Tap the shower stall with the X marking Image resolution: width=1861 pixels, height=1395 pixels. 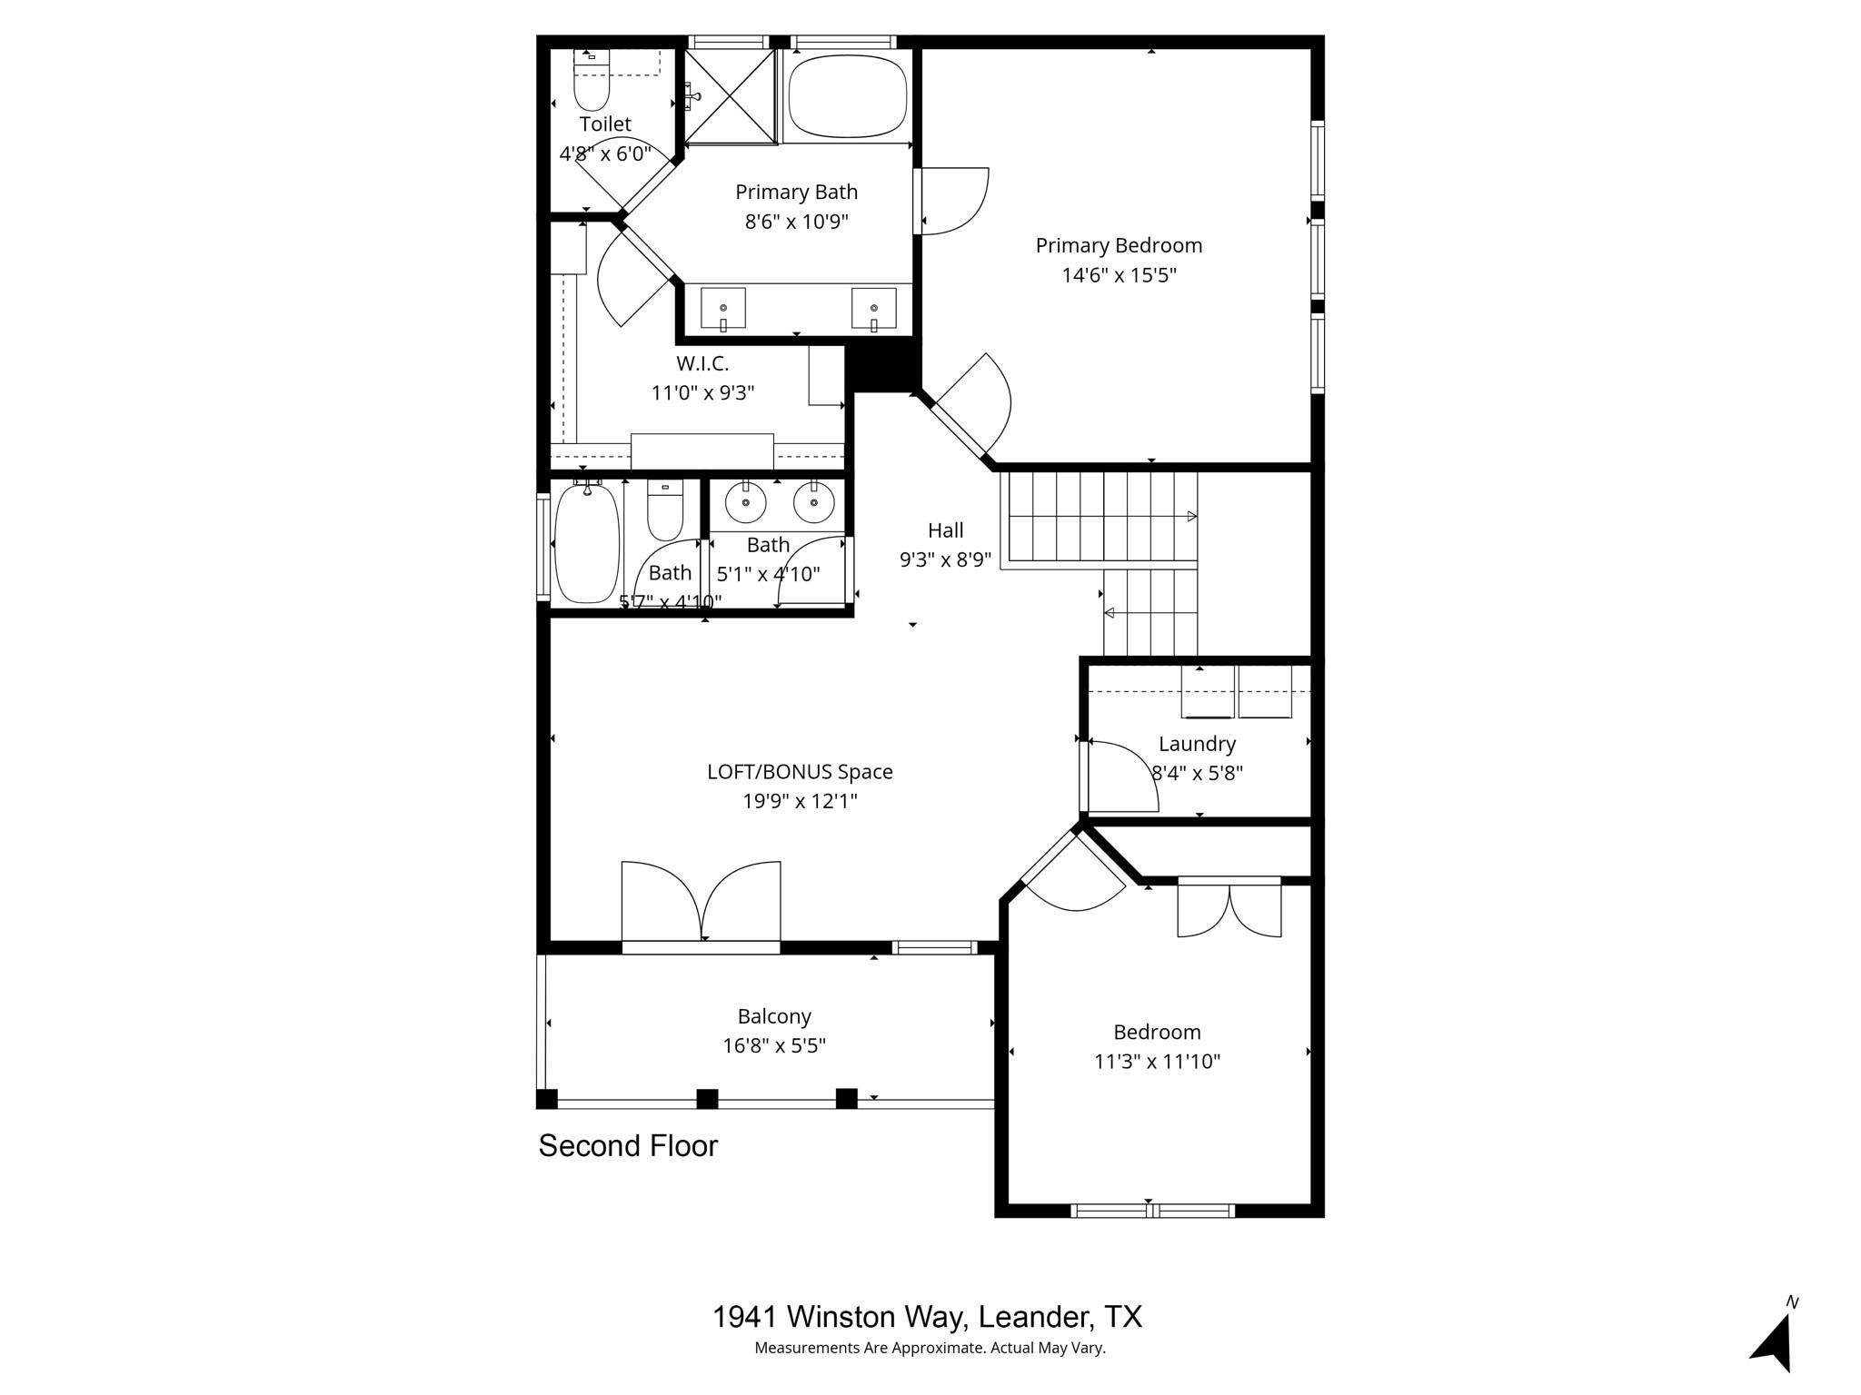click(729, 95)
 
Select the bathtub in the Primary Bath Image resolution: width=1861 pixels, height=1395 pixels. click(848, 94)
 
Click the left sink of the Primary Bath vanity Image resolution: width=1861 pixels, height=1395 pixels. click(722, 308)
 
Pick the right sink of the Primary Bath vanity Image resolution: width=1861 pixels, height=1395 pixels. click(873, 308)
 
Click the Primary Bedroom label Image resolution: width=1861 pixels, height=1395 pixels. click(1119, 245)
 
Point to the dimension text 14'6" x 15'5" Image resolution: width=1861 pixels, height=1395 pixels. click(1119, 275)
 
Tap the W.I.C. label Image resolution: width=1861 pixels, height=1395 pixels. click(702, 363)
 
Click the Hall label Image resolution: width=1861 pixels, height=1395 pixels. click(945, 530)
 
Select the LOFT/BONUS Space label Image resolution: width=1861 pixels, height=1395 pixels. click(800, 772)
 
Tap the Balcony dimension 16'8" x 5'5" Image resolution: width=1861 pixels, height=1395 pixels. click(773, 1045)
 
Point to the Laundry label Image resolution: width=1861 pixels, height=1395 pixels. click(1197, 744)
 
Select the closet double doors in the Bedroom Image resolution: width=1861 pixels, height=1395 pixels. click(1229, 908)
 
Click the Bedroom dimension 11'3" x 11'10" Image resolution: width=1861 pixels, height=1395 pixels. click(1157, 1061)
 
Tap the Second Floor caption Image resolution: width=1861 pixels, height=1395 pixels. click(628, 1146)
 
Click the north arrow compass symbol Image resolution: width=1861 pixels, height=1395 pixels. click(1773, 1341)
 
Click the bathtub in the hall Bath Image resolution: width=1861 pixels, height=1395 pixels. click(587, 544)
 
